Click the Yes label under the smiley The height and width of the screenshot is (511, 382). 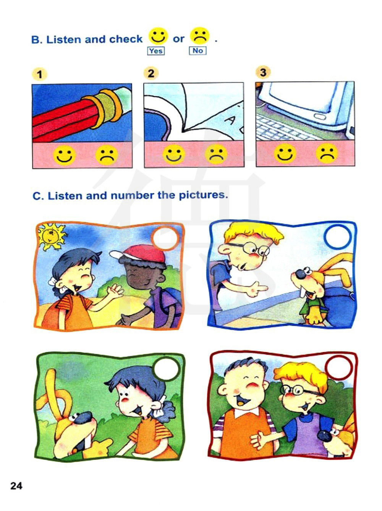(x=156, y=50)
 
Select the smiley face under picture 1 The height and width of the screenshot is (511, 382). (x=65, y=155)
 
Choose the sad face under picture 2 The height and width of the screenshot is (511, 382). (x=216, y=155)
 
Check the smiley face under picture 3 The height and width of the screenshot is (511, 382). (x=285, y=153)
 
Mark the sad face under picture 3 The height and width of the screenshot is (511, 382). (x=327, y=153)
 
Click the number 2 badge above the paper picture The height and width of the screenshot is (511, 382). (x=151, y=73)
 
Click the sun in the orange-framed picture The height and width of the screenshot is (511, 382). (x=52, y=236)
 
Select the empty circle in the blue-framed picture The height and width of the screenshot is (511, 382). (x=337, y=237)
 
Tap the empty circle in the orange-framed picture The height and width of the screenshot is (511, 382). (x=165, y=237)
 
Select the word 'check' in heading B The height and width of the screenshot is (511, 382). (x=126, y=39)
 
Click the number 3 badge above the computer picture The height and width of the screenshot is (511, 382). (x=263, y=72)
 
